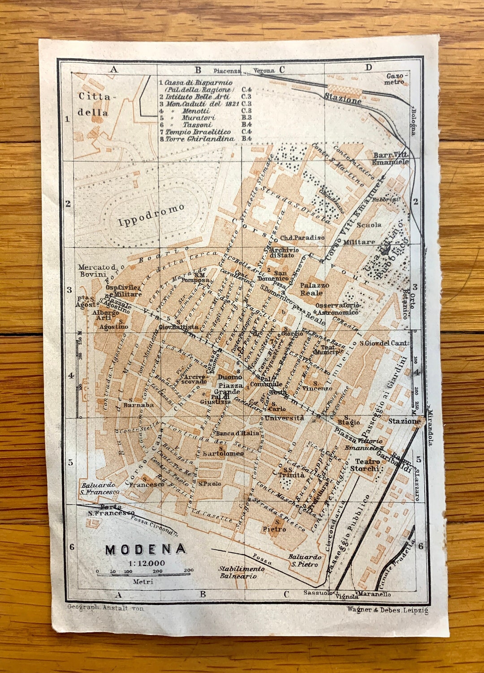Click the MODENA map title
click(146, 549)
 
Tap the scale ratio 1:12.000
click(147, 563)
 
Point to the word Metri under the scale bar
click(143, 582)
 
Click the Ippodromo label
click(151, 215)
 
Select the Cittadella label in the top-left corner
click(94, 104)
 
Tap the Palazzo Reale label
click(314, 289)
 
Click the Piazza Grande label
click(230, 388)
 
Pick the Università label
click(284, 418)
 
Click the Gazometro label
click(395, 79)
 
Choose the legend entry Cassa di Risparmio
click(198, 83)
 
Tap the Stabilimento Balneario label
click(241, 572)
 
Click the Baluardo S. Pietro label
click(305, 560)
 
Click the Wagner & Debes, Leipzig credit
click(387, 609)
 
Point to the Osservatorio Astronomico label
click(337, 309)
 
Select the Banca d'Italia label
click(238, 433)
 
